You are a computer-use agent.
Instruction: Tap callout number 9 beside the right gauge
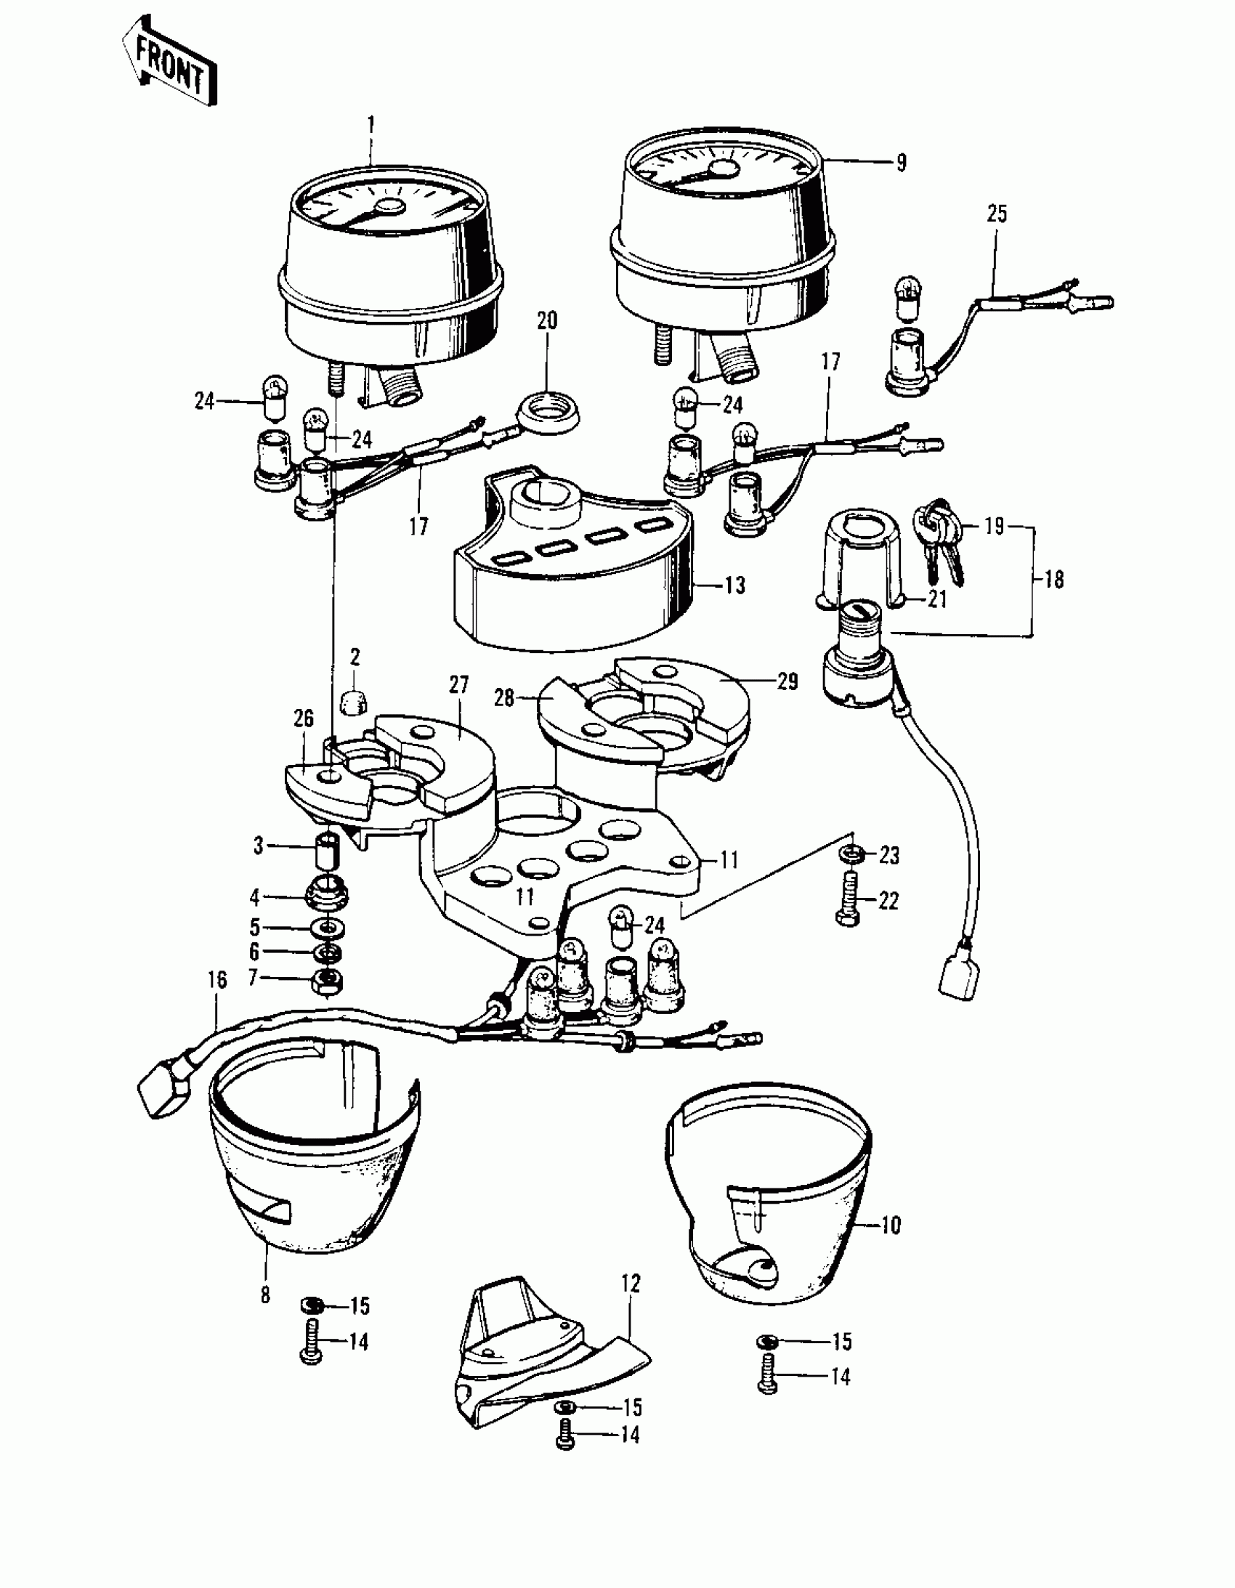901,162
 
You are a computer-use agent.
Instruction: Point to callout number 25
997,214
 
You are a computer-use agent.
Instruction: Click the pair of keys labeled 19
940,537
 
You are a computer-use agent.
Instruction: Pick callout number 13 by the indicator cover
735,586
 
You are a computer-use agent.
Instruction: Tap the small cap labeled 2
354,700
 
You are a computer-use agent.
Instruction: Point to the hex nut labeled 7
327,980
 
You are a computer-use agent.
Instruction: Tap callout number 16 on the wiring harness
216,980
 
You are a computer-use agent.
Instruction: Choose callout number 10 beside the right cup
891,1226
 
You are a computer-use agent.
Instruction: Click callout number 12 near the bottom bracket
631,1284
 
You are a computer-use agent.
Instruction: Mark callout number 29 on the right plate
787,681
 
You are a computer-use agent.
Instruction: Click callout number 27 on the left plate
459,685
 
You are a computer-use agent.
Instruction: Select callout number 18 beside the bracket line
1054,580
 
